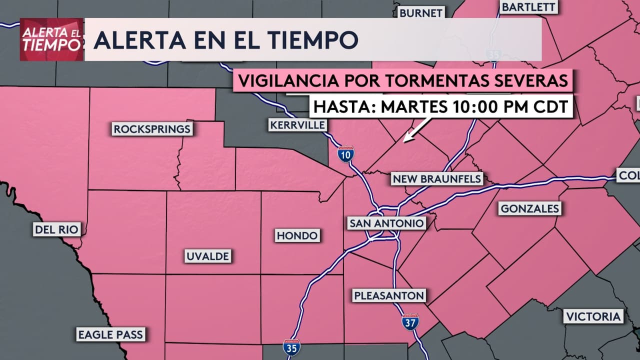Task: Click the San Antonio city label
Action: pyautogui.click(x=387, y=223)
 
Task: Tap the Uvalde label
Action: pyautogui.click(x=207, y=256)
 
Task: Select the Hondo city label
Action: pyautogui.click(x=297, y=235)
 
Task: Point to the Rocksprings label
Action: pyautogui.click(x=152, y=129)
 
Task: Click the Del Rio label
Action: pyautogui.click(x=56, y=229)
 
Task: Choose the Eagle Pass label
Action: pyautogui.click(x=110, y=334)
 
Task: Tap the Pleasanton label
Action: pyautogui.click(x=389, y=295)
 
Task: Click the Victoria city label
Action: pyautogui.click(x=593, y=316)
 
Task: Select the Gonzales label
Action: pyautogui.click(x=529, y=208)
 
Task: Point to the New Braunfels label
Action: pyautogui.click(x=437, y=178)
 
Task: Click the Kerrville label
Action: pyautogui.click(x=298, y=125)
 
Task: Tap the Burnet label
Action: pyautogui.click(x=421, y=12)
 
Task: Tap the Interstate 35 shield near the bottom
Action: pyautogui.click(x=291, y=347)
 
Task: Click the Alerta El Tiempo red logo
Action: pyautogui.click(x=51, y=39)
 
